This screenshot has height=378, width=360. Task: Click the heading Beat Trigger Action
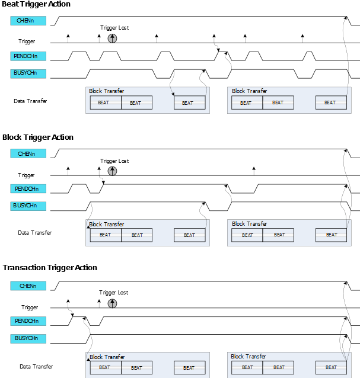(36, 5)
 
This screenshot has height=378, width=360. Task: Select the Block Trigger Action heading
(38, 137)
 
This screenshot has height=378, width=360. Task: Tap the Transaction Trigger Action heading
(50, 268)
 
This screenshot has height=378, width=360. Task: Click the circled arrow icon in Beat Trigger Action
(112, 38)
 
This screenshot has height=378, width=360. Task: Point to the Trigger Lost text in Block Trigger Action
(114, 161)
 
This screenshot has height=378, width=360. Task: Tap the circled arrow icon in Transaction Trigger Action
(112, 303)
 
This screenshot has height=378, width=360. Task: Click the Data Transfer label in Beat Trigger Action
(30, 101)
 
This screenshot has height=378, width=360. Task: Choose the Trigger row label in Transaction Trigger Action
(30, 307)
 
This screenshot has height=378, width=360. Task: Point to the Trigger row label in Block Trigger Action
(26, 175)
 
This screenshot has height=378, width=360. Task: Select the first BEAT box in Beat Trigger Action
(106, 102)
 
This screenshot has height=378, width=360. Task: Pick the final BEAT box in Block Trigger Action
(332, 235)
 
